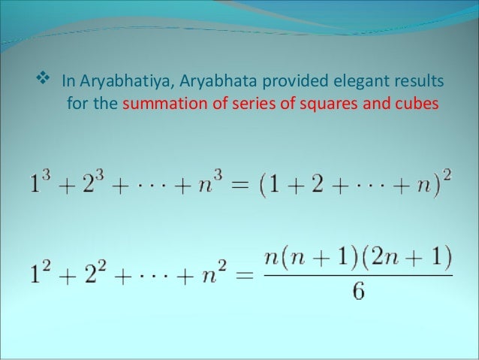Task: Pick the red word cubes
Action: tap(412, 103)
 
